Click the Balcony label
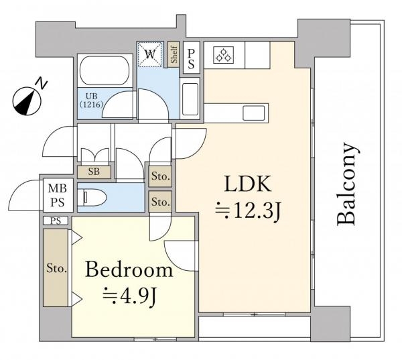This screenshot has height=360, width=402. [x=346, y=184]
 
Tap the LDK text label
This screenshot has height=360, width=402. [x=248, y=184]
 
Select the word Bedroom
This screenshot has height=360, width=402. [x=129, y=269]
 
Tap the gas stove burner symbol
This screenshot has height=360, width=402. [x=223, y=55]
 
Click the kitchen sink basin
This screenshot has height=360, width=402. [x=253, y=113]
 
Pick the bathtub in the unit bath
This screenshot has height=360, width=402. [x=104, y=70]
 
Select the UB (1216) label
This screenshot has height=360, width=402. [x=92, y=101]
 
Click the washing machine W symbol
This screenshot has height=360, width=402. [x=149, y=54]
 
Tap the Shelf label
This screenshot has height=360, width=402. [x=174, y=54]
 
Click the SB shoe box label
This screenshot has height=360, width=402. [x=94, y=172]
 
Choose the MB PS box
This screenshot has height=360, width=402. [x=58, y=195]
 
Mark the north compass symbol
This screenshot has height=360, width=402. [x=27, y=102]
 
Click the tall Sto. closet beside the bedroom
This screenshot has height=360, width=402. [x=56, y=267]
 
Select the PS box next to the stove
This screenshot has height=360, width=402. [x=191, y=58]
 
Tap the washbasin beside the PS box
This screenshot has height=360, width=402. [x=190, y=99]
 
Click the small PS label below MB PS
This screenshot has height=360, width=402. [x=56, y=221]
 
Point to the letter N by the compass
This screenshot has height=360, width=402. [x=41, y=82]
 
